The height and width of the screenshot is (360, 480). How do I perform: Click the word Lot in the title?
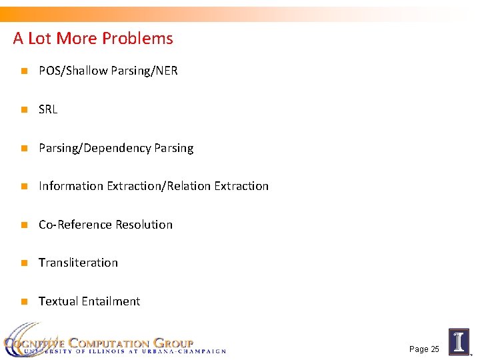(40, 39)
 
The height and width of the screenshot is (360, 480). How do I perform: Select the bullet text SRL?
(48, 109)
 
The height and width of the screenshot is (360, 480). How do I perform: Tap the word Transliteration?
(78, 263)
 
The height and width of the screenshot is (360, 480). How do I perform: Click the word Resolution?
(144, 225)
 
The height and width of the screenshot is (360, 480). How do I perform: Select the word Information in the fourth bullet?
(71, 186)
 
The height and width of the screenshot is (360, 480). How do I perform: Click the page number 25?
(434, 349)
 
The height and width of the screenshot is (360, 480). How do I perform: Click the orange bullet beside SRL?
(23, 109)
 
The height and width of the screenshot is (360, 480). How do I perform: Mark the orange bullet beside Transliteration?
(23, 263)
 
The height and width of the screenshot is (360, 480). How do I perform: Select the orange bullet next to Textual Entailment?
(23, 301)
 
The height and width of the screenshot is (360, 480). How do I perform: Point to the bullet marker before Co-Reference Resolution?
(23, 225)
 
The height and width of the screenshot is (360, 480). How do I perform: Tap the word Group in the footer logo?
(173, 343)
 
